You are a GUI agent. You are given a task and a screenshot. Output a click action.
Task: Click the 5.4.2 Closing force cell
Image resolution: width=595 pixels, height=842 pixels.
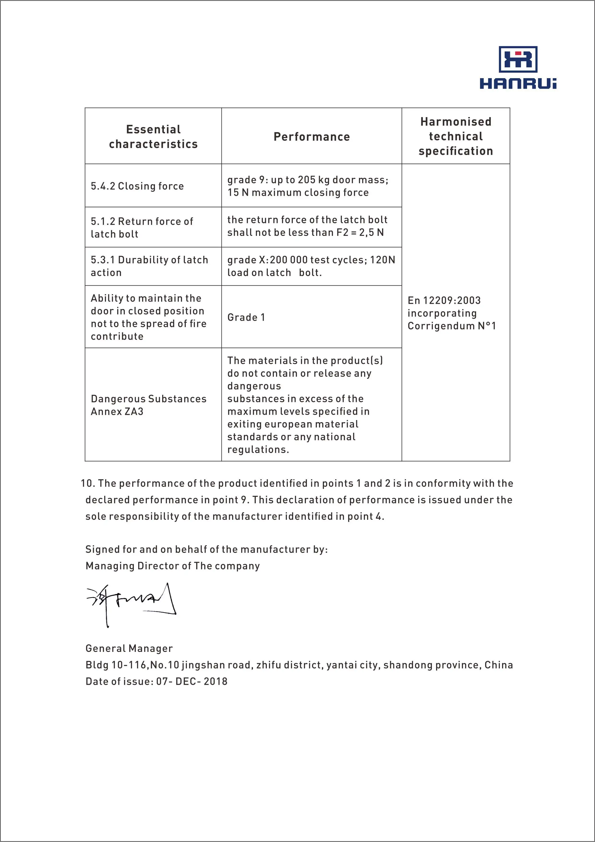tap(137, 186)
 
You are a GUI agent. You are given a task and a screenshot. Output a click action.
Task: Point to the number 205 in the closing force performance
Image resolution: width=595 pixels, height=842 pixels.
tap(307, 180)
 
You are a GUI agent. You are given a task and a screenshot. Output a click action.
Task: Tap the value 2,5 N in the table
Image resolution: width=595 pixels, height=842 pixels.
tap(371, 233)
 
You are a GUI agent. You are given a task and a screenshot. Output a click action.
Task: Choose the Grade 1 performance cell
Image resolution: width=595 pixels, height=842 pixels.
tap(246, 317)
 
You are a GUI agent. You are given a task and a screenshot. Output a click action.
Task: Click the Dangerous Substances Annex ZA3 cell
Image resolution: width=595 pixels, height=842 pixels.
tap(148, 405)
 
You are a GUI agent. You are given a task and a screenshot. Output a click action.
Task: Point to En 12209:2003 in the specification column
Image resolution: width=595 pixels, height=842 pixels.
tap(444, 301)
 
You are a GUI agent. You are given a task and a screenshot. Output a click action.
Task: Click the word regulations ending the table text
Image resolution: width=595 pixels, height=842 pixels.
tap(258, 450)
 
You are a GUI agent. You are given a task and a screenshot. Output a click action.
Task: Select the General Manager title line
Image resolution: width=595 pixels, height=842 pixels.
tap(129, 648)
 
